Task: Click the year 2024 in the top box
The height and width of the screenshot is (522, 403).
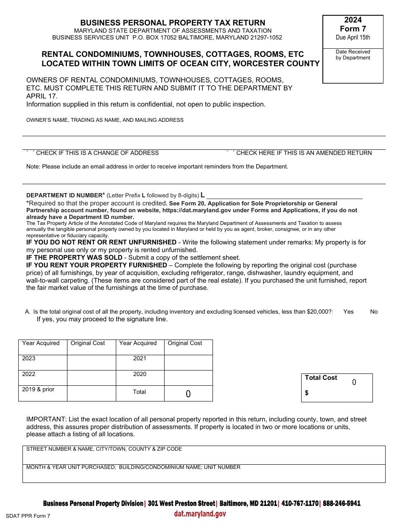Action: [353, 20]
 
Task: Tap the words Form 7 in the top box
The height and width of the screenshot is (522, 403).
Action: [353, 29]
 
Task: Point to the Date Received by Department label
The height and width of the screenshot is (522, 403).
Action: [353, 55]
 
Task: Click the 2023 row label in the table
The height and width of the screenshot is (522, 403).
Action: [29, 359]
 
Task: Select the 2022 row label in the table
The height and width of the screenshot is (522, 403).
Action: [29, 374]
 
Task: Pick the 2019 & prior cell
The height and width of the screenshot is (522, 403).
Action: [38, 390]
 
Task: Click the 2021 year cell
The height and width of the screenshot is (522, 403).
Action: [140, 359]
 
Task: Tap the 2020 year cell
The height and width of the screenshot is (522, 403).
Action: [140, 374]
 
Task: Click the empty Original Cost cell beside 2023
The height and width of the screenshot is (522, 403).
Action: [91, 363]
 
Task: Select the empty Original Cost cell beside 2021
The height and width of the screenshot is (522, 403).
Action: [188, 363]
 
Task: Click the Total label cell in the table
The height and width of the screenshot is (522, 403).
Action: [140, 392]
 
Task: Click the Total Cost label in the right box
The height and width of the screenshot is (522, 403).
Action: [321, 378]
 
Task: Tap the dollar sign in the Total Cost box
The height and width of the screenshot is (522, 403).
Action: [307, 393]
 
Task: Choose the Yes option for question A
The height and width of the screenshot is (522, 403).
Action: [348, 312]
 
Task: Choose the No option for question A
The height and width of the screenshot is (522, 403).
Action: [374, 312]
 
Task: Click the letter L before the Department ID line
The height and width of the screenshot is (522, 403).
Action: [203, 195]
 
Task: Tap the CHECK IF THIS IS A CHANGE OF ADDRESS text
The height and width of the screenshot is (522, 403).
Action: [97, 153]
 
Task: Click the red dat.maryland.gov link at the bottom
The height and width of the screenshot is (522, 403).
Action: [200, 514]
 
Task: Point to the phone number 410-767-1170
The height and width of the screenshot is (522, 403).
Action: [300, 504]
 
